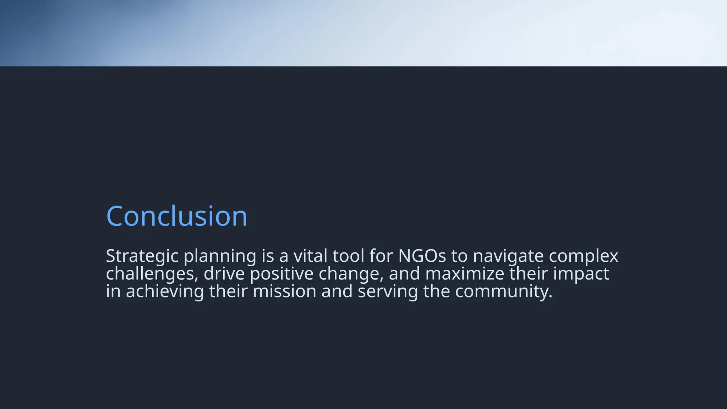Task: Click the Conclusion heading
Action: coord(176,216)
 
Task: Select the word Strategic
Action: coord(142,256)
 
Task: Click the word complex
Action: coord(583,256)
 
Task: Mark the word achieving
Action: coord(165,291)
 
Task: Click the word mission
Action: coord(284,291)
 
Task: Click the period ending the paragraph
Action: coord(551,296)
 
